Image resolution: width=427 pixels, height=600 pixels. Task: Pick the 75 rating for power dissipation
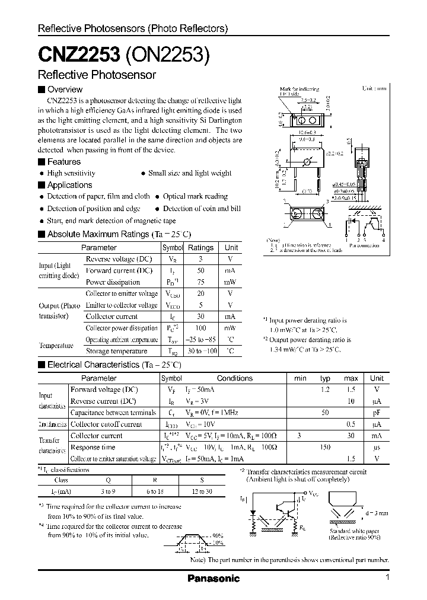tap(200, 282)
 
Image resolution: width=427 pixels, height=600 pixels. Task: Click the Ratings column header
tap(200, 248)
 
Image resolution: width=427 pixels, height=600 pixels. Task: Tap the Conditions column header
tap(234, 378)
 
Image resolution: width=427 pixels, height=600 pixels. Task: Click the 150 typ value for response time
tap(325, 447)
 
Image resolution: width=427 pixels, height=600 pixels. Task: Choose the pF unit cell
tap(376, 413)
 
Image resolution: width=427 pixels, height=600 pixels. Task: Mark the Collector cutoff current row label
tap(106, 425)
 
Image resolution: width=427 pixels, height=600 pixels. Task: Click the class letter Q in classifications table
tap(107, 481)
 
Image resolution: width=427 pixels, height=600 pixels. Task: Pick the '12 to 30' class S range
tap(202, 492)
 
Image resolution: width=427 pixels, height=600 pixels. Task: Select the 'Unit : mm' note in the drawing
tap(374, 88)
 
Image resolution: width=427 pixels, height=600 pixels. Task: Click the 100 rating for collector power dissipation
tap(200, 328)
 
